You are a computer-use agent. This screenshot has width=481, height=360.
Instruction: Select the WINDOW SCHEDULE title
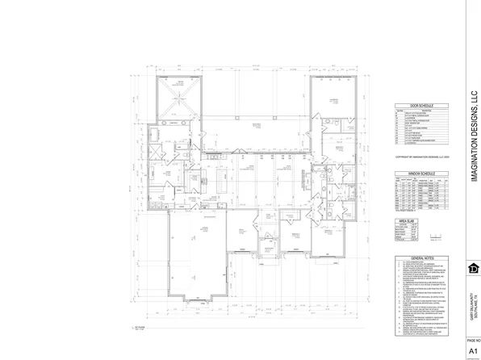tap(416, 174)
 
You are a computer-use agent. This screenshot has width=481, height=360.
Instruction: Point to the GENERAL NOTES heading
tap(416, 257)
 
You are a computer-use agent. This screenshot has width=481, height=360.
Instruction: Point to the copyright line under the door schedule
tap(416, 157)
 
